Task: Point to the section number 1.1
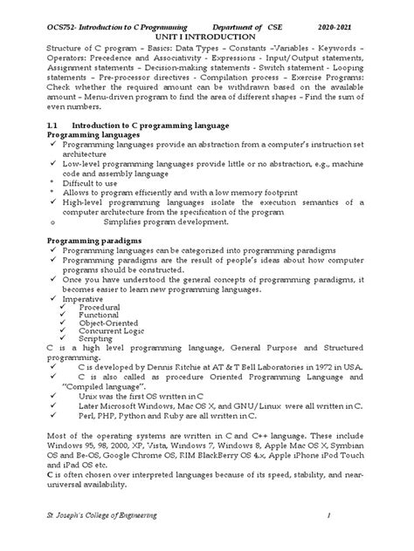pos(52,126)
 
